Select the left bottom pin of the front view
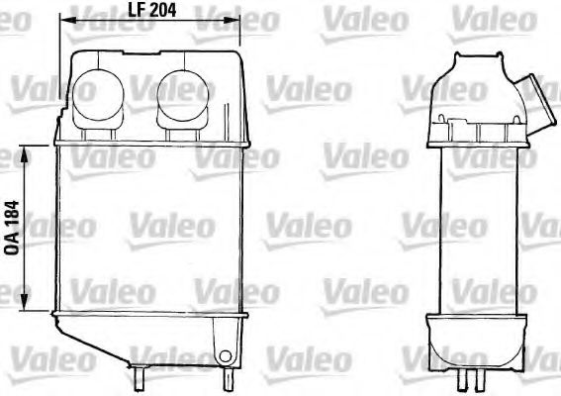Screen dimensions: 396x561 [140, 375]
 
